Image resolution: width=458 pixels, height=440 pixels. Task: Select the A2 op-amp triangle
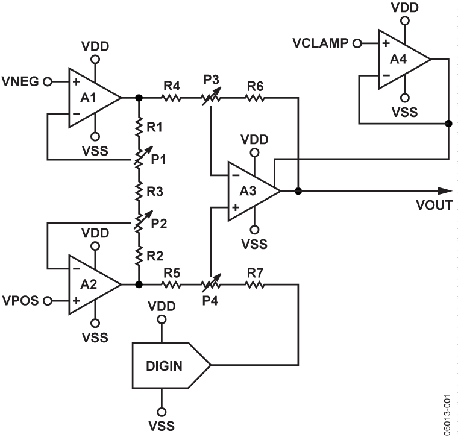90,284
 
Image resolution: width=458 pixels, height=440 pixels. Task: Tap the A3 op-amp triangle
249,191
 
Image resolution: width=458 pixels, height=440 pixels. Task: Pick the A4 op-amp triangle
401,60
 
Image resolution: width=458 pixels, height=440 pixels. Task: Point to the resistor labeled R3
139,192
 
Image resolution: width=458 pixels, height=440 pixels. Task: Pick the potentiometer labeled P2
139,222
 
